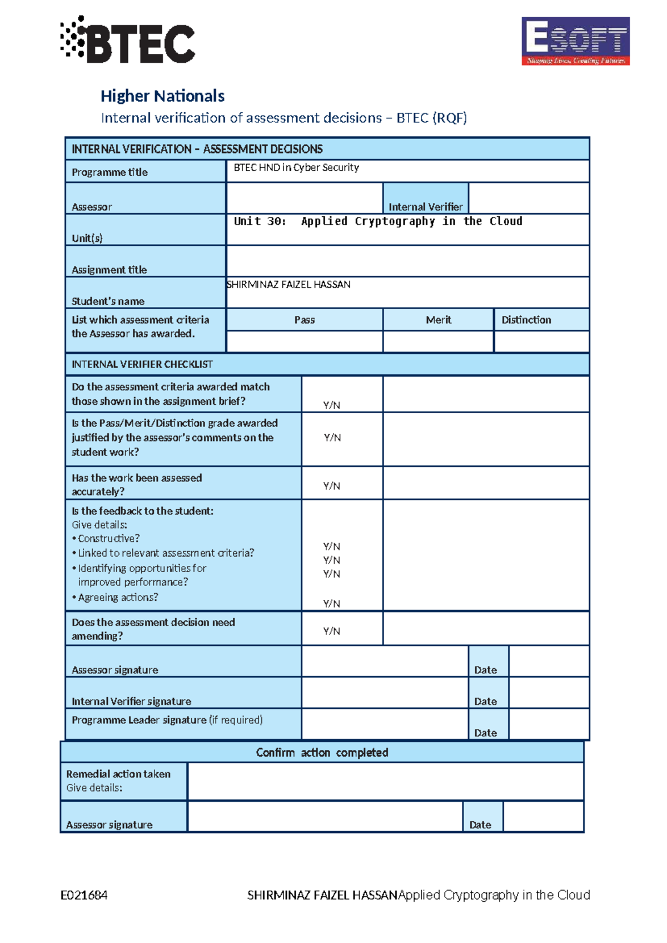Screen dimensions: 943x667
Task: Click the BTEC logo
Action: click(x=128, y=40)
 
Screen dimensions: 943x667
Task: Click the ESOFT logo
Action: click(x=575, y=41)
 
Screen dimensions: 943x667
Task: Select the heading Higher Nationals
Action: click(x=162, y=96)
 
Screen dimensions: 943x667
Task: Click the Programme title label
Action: click(x=109, y=172)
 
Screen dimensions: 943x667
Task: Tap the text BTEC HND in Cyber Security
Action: click(x=296, y=167)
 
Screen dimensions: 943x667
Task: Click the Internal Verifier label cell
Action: click(x=425, y=206)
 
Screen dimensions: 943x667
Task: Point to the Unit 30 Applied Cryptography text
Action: click(x=377, y=221)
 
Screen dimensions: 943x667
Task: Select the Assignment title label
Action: click(x=109, y=270)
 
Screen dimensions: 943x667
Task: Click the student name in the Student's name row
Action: click(x=288, y=285)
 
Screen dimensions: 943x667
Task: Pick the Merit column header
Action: click(x=438, y=320)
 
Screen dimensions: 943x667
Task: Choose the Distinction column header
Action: click(x=526, y=320)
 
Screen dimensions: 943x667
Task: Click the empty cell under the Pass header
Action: click(x=305, y=341)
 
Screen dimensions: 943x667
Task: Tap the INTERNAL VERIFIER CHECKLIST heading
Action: click(x=142, y=364)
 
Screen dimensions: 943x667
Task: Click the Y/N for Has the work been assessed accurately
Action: click(x=332, y=486)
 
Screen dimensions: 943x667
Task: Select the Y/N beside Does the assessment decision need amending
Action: click(x=332, y=631)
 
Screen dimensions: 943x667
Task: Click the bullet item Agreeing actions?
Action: click(x=117, y=597)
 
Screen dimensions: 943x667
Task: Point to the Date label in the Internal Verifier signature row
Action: click(x=485, y=701)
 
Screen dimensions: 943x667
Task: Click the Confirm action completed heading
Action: click(x=322, y=752)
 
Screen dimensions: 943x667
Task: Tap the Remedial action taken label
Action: click(x=118, y=774)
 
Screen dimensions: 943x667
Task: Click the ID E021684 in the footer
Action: click(x=84, y=895)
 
